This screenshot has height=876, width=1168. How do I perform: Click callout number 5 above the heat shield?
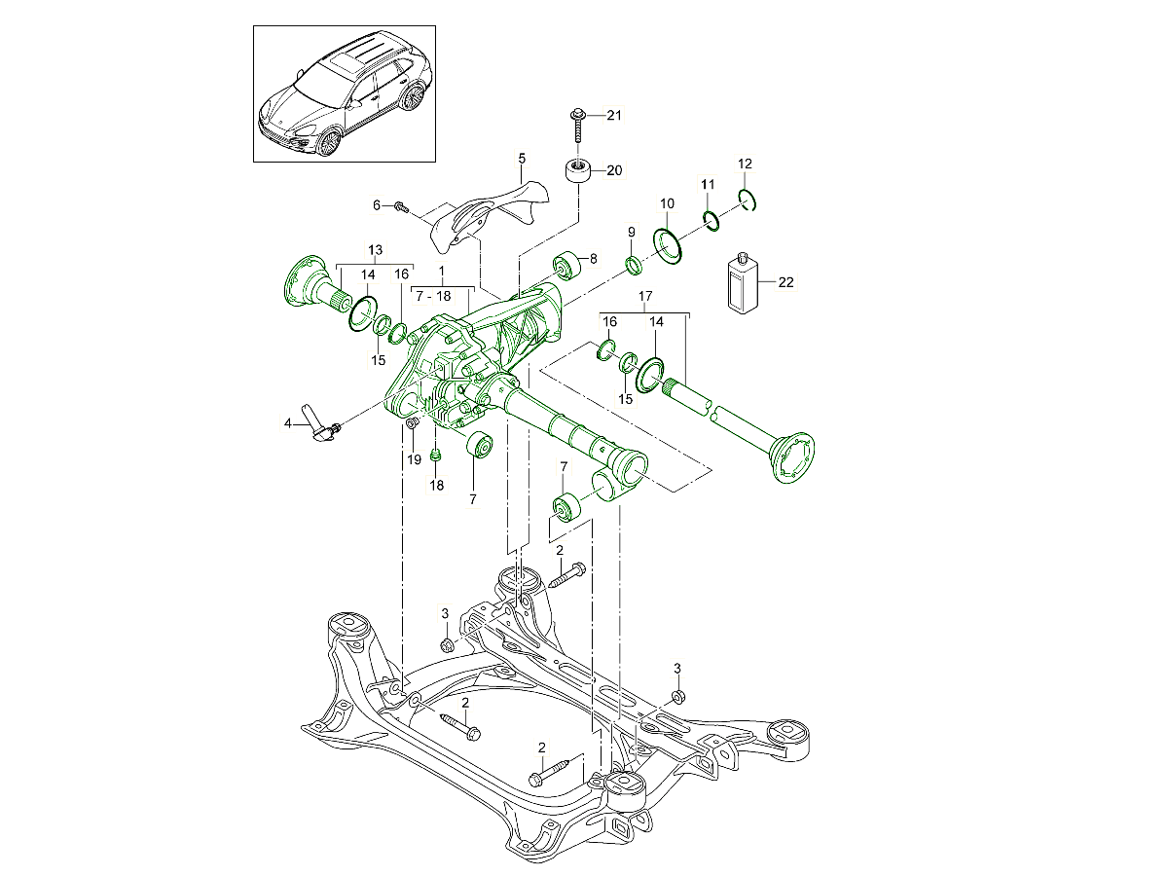[x=521, y=157]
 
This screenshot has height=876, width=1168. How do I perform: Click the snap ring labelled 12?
[x=747, y=200]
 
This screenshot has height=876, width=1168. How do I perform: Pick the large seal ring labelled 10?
[x=668, y=244]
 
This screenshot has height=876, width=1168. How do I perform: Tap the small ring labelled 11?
[x=711, y=220]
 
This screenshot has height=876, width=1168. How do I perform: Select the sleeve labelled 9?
[x=633, y=265]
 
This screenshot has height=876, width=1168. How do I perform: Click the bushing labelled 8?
[x=565, y=264]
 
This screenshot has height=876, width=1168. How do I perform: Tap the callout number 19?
[x=414, y=458]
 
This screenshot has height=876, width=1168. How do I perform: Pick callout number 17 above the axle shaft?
[x=644, y=295]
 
